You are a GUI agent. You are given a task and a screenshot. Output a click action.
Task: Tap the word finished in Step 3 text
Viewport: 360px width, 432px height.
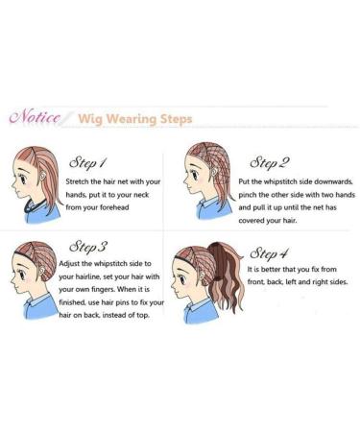[84, 318]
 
